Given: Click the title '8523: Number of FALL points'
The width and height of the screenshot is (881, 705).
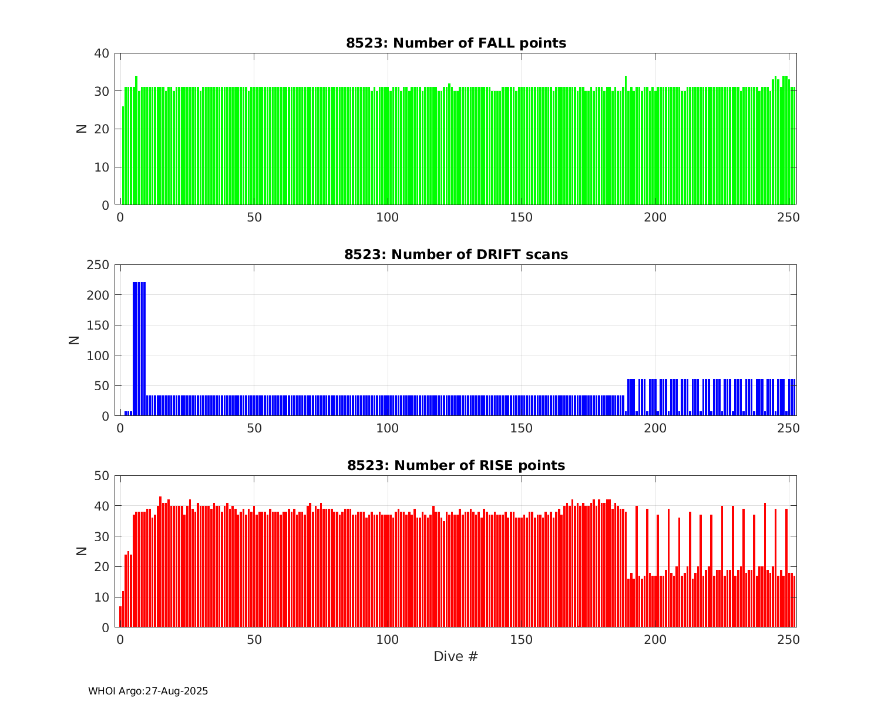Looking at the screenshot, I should pyautogui.click(x=456, y=43).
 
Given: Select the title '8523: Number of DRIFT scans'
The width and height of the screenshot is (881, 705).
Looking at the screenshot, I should pyautogui.click(x=456, y=254).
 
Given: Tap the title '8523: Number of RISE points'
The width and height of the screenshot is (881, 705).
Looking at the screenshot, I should pyautogui.click(x=456, y=465).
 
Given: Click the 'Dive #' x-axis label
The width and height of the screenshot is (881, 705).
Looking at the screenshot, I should pyautogui.click(x=456, y=656).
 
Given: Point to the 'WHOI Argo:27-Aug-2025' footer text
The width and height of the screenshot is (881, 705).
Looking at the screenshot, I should pyautogui.click(x=148, y=691).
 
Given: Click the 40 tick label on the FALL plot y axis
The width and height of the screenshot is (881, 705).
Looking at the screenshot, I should pyautogui.click(x=102, y=53).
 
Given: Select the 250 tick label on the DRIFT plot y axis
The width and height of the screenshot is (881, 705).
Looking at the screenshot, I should pyautogui.click(x=98, y=265).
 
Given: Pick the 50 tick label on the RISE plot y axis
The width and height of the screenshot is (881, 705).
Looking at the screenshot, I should pyautogui.click(x=102, y=475).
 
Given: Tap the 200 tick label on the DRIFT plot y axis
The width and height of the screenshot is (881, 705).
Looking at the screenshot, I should pyautogui.click(x=98, y=295).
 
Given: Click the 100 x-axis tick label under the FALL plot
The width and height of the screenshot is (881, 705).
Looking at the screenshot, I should pyautogui.click(x=388, y=217).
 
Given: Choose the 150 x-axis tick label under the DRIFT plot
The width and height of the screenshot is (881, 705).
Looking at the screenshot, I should pyautogui.click(x=522, y=428).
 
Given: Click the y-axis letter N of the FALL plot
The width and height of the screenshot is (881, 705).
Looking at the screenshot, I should pyautogui.click(x=82, y=129).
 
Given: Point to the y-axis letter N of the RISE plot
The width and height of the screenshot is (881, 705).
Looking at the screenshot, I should pyautogui.click(x=82, y=551).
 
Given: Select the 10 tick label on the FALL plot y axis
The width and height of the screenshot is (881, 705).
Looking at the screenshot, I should pyautogui.click(x=102, y=167).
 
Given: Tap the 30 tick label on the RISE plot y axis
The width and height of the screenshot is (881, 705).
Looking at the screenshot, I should pyautogui.click(x=102, y=536).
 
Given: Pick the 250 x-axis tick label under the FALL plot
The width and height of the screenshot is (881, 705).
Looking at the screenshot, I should pyautogui.click(x=789, y=217).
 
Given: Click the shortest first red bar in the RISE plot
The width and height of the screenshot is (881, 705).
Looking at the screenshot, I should pyautogui.click(x=120, y=616).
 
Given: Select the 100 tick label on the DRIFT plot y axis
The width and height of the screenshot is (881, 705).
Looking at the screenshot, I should pyautogui.click(x=98, y=355).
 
